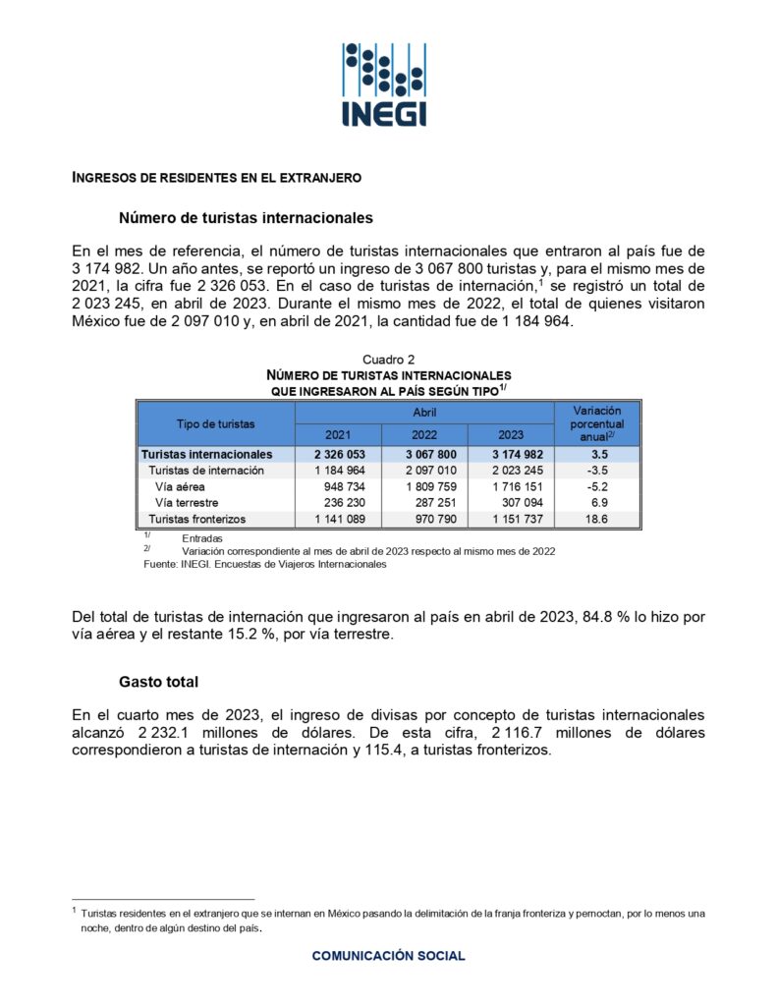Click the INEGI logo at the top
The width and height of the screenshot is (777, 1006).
[x=384, y=84]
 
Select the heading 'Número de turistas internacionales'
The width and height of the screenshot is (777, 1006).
[x=246, y=217]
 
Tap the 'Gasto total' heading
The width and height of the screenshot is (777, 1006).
[x=159, y=682]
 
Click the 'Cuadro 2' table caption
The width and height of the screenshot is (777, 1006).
[x=388, y=361]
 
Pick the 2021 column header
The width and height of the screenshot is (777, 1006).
[x=338, y=435]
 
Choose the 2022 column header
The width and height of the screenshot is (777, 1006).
[x=424, y=435]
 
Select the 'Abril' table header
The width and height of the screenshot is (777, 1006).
[x=424, y=414]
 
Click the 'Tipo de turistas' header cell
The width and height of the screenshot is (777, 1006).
[x=216, y=423]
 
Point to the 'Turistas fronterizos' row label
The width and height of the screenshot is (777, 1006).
[x=196, y=519]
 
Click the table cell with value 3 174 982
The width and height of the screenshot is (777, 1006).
[x=511, y=455]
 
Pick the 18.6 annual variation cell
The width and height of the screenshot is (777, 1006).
[x=596, y=519]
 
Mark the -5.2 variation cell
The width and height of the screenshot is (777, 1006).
[x=596, y=486]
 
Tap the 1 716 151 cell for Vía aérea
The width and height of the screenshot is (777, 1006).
[x=511, y=486]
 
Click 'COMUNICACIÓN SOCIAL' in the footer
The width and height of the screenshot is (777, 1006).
[x=388, y=956]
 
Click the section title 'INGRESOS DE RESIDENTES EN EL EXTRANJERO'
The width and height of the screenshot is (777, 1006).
[x=217, y=178]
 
